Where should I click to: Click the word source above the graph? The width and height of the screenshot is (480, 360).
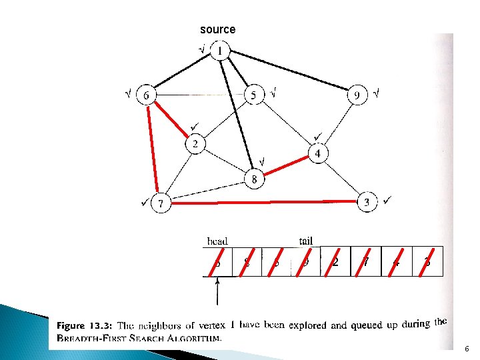217,29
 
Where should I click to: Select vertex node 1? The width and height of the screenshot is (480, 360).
220,51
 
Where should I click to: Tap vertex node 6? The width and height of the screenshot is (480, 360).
146,95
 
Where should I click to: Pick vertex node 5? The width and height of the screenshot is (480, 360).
253,95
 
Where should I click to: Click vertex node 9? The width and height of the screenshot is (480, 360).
358,96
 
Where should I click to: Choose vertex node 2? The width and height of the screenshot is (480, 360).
195,144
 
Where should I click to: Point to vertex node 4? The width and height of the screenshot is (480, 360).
318,153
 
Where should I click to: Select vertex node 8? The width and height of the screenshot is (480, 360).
254,179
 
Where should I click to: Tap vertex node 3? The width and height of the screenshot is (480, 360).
366,202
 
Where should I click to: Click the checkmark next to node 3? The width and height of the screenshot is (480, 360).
388,199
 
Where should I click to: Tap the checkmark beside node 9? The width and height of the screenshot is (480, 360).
376,93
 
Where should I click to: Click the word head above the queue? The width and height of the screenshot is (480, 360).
217,241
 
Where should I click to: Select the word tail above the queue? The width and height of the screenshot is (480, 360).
305,241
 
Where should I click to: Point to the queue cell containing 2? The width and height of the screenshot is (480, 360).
335,261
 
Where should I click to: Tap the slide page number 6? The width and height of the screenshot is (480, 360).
467,348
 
